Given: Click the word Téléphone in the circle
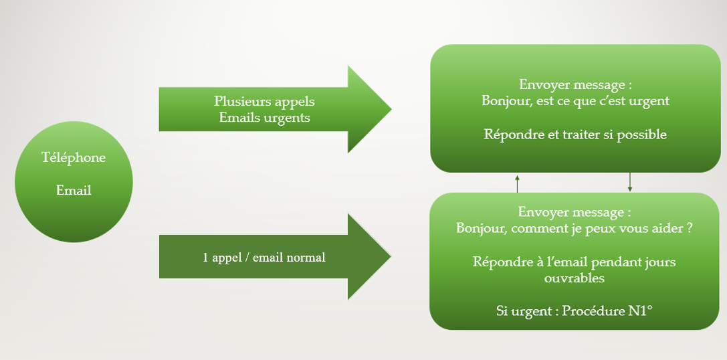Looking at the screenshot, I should (74, 158).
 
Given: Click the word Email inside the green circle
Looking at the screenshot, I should (74, 190).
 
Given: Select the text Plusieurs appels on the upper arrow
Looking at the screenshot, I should (264, 102).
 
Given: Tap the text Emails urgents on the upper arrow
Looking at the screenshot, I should (264, 118).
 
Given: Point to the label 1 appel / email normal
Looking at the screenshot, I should (264, 257).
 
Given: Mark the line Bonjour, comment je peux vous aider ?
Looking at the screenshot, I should (574, 228).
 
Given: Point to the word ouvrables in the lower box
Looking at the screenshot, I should (574, 278).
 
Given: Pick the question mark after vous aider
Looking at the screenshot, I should (688, 228).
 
